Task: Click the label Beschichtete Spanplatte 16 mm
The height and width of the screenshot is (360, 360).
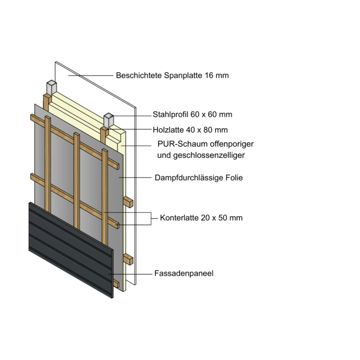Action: tap(172, 75)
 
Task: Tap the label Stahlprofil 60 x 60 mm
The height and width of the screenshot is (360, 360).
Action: tap(192, 114)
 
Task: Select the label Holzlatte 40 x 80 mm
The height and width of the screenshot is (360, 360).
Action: tap(190, 130)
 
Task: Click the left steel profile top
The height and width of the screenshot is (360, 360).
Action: tap(51, 87)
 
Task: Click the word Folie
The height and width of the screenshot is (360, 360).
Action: tap(234, 178)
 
